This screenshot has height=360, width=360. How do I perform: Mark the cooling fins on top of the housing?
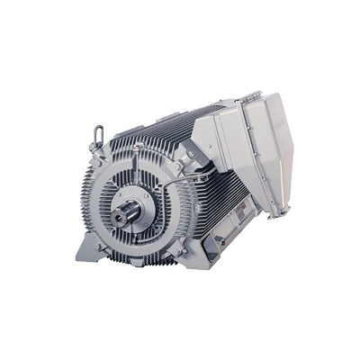153,135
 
